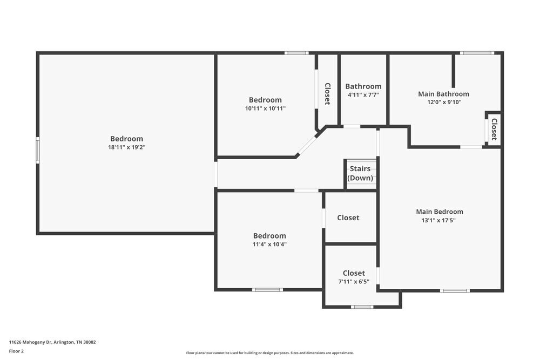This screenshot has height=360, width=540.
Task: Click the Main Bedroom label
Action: pos(439,212)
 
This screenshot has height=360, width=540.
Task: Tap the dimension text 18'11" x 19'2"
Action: pos(127,147)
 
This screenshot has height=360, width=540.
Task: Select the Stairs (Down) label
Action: pos(360,173)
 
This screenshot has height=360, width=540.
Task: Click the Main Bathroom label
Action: pos(443,94)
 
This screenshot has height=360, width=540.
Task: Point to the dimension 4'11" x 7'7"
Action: pos(363,94)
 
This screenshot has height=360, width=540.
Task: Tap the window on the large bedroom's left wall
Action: pos(38,150)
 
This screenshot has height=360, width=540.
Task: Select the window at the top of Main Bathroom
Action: pos(476,53)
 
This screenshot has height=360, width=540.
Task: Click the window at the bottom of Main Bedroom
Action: pos(454,290)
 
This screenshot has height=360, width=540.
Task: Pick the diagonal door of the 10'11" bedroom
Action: pos(307,145)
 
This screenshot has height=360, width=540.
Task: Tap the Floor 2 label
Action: pos(16,351)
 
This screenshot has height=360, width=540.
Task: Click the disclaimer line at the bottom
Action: pos(269,353)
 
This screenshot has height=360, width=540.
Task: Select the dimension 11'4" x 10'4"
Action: pos(269,244)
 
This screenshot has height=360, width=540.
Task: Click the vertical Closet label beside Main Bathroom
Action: pos(494,129)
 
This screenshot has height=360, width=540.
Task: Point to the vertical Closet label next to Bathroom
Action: pos(327,93)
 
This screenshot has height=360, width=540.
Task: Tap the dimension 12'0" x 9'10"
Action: pos(443,102)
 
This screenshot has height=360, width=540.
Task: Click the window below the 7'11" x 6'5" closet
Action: pos(362,307)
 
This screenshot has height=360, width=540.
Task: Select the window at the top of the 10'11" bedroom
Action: pos(296,53)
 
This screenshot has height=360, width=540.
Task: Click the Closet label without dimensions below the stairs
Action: pos(348,218)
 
